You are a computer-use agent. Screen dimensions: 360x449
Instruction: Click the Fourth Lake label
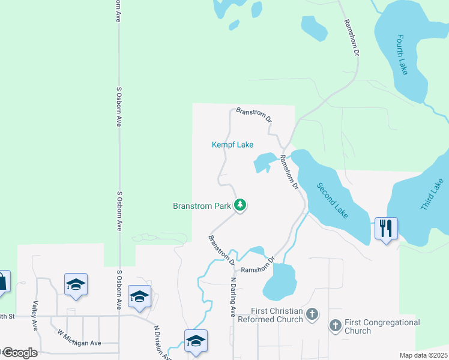point(402,54)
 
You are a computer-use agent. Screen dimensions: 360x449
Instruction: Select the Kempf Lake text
point(232,145)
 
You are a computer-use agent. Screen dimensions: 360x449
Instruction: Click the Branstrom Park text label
point(202,206)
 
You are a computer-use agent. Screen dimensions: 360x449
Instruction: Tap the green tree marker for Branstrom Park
point(240,206)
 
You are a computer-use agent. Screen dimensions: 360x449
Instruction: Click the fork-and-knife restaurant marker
point(386,228)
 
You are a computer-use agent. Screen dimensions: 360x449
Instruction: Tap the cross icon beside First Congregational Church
point(335,326)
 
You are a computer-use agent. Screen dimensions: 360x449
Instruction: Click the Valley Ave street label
point(35,316)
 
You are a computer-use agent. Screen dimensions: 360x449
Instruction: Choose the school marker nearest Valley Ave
point(76,284)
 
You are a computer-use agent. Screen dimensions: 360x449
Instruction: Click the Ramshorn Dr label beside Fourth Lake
point(351,38)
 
